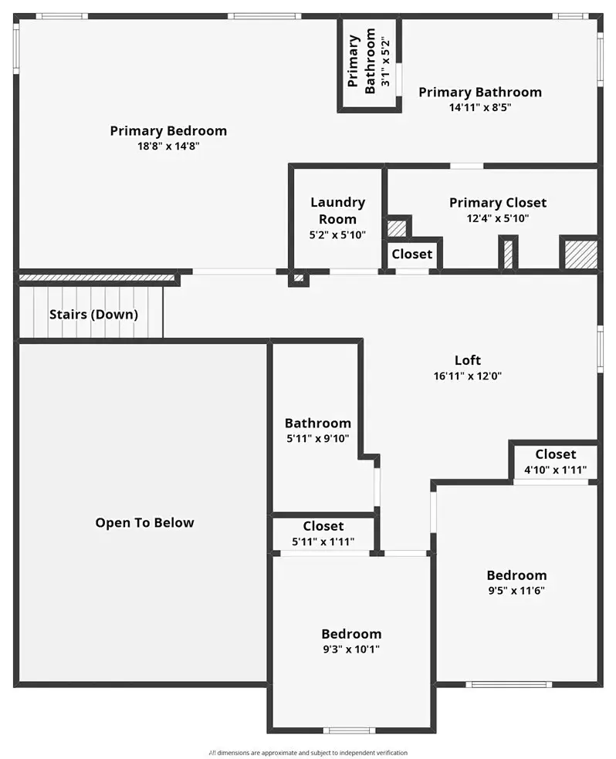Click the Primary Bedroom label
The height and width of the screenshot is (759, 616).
(x=168, y=130)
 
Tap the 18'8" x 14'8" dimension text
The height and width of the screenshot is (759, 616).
(x=168, y=146)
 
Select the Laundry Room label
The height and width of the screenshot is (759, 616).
(x=337, y=211)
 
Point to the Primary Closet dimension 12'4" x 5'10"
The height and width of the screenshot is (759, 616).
(x=497, y=218)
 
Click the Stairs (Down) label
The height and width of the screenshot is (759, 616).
(x=93, y=315)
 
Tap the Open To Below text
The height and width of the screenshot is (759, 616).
(x=144, y=523)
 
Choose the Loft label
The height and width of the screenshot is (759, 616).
(x=467, y=360)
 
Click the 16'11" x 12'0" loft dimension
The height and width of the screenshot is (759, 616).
(x=467, y=376)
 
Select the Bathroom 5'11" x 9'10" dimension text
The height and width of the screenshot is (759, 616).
(x=318, y=439)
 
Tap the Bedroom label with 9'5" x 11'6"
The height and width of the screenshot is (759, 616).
(x=516, y=575)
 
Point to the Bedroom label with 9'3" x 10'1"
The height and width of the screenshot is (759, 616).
(x=351, y=633)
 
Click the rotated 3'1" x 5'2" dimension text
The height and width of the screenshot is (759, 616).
(x=385, y=62)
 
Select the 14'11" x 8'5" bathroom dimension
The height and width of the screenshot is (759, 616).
(x=480, y=107)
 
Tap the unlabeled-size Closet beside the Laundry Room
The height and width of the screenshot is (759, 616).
(x=411, y=254)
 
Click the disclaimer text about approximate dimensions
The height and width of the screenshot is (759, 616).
(x=308, y=753)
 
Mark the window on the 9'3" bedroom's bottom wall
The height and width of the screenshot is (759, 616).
(x=349, y=730)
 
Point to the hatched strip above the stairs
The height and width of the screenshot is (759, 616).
(x=96, y=278)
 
